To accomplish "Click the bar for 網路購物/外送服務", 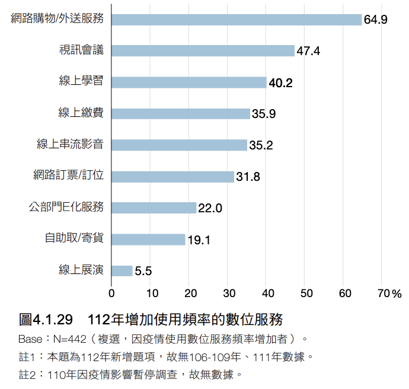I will pyautogui.click(x=237, y=20).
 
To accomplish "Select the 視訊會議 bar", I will pyautogui.click(x=203, y=51).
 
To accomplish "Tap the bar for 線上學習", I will pyautogui.click(x=188, y=82).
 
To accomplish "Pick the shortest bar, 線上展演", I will pyautogui.click(x=122, y=271).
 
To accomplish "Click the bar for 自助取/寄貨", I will pyautogui.click(x=148, y=240).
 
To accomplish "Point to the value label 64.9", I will pyautogui.click(x=376, y=20).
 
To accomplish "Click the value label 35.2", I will pyautogui.click(x=261, y=145).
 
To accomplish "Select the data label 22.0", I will pyautogui.click(x=210, y=208).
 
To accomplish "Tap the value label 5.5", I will pyautogui.click(x=143, y=272).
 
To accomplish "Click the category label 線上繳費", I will pyautogui.click(x=81, y=113).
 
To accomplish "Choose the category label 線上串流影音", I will pyautogui.click(x=70, y=145).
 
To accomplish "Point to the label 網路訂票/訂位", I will pyautogui.click(x=68, y=176).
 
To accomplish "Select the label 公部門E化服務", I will pyautogui.click(x=66, y=207).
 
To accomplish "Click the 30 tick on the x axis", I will pyautogui.click(x=229, y=292).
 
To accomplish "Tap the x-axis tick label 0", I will pyautogui.click(x=112, y=292).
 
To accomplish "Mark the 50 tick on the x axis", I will pyautogui.click(x=306, y=292).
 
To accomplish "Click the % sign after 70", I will pyautogui.click(x=397, y=293).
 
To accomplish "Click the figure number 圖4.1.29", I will pyautogui.click(x=46, y=320).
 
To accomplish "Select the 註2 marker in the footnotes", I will pyautogui.click(x=27, y=374).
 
